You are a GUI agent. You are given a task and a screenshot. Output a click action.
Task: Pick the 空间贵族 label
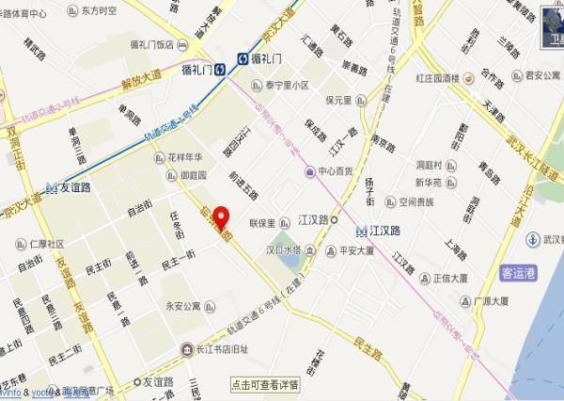tap(415, 200)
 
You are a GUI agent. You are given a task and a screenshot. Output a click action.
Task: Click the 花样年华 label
tap(186, 157)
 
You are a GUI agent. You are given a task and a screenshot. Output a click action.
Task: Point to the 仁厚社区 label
tap(42, 243)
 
